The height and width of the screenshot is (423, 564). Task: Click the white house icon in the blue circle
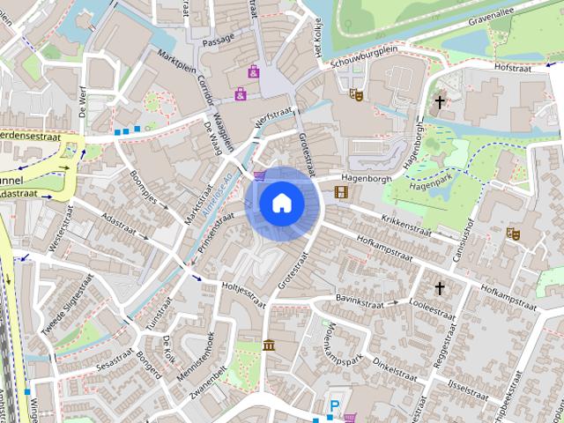coord(281,203)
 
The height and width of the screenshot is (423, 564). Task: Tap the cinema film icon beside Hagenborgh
coord(341,191)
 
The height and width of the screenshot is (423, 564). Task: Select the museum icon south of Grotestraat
coord(268,344)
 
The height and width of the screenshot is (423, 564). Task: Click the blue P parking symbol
coord(334,405)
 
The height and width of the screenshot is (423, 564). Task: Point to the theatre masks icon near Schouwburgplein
coord(357,93)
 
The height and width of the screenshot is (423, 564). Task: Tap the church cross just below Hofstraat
coord(440,103)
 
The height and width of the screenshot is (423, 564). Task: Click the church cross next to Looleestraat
coord(440,288)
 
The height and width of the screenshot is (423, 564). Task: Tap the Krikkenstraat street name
coord(406,224)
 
